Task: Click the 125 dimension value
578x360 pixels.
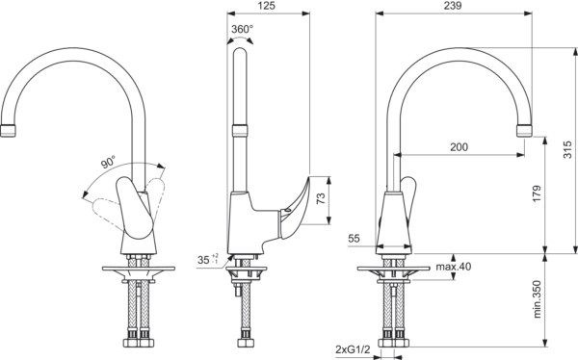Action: point(268,6)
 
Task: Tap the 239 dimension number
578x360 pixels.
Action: point(453,6)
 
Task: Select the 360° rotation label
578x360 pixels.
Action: point(242,29)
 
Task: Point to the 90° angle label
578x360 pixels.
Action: point(108,162)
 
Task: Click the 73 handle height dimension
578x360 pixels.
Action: point(321,198)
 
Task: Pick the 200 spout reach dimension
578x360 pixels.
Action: point(459,147)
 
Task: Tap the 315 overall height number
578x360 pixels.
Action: point(567,149)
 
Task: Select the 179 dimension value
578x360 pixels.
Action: point(537,193)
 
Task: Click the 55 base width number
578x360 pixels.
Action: point(354,239)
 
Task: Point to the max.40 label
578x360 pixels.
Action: point(454,266)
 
